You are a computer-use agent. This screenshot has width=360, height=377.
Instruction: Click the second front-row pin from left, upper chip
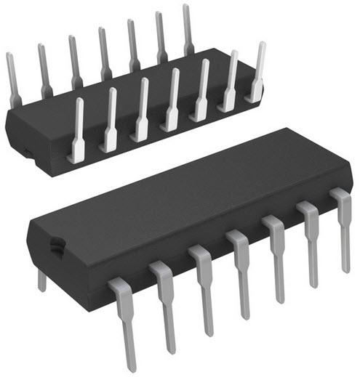click(x=109, y=120)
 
